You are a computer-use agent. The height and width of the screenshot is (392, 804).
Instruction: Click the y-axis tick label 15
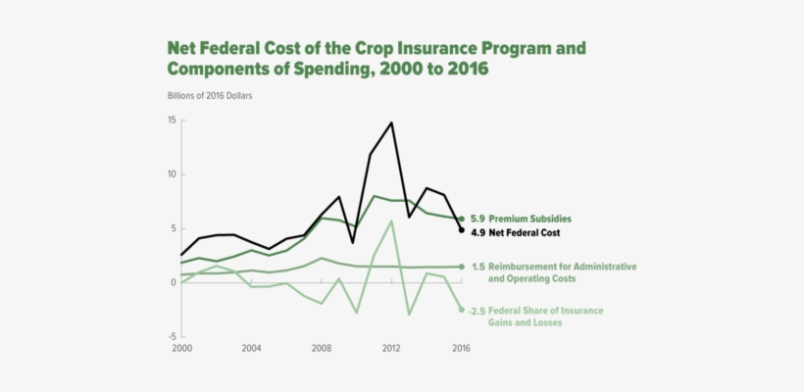coord(171,121)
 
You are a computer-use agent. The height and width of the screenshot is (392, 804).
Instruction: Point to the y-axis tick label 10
coord(171,174)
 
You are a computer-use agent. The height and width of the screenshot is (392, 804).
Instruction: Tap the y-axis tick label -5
coord(171,336)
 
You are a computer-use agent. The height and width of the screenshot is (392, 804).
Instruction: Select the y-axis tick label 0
coord(173,282)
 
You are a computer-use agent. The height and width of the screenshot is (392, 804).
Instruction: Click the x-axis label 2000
coord(181,348)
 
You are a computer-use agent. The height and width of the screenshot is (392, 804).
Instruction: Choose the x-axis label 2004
coord(251,348)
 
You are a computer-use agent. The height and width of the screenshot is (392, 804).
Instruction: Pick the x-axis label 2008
coord(322,348)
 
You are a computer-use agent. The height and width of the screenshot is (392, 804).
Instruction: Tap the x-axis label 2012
coord(391,348)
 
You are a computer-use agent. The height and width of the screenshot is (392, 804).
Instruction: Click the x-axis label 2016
coord(461,348)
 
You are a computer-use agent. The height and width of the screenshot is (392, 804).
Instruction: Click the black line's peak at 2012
coord(391,122)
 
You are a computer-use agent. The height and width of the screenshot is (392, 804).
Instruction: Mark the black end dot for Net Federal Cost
coord(462,230)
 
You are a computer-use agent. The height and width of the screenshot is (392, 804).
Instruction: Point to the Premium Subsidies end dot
coord(462,219)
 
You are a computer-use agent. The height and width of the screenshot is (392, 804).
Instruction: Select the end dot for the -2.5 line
coord(462,310)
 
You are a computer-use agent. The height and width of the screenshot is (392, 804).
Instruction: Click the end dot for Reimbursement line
coord(462,267)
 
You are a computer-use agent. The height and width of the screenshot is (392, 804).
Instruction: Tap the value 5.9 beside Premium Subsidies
coord(477,219)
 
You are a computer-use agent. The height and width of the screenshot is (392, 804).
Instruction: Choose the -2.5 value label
coord(477,311)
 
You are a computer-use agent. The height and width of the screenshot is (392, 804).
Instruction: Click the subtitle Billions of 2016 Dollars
coord(211,95)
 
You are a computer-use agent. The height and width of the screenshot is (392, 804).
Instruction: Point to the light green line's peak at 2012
coord(391,220)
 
